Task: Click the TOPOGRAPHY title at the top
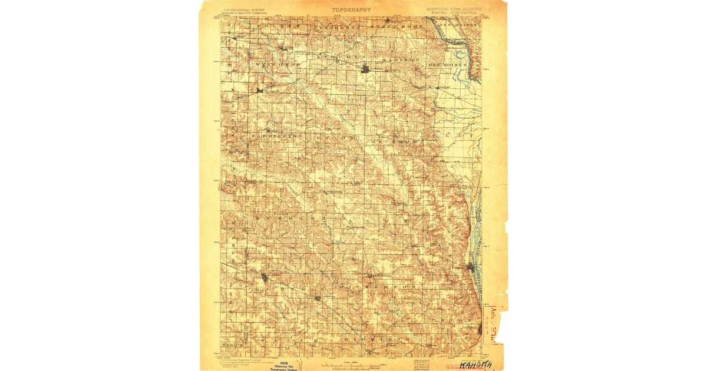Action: click(351, 9)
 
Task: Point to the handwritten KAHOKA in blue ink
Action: click(475, 365)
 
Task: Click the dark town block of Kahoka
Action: click(365, 69)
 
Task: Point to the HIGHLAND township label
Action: click(381, 340)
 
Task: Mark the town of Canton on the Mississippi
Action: click(470, 267)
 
